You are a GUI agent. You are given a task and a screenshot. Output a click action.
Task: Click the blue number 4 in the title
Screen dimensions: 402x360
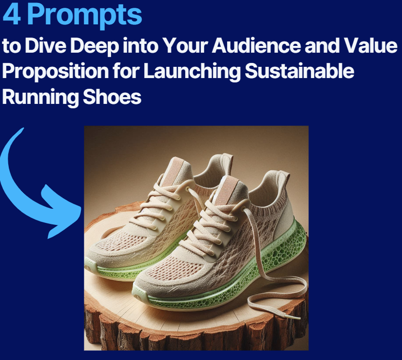point(12,15)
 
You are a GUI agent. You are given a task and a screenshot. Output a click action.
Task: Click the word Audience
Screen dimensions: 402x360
point(256,45)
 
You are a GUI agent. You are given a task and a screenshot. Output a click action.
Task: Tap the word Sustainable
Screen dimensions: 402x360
point(300,71)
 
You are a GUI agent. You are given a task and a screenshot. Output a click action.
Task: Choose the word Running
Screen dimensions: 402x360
point(40,98)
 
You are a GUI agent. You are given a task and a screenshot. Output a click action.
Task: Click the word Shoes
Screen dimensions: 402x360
point(112,97)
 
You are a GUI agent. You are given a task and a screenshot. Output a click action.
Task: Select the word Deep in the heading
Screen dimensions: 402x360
point(95,46)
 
